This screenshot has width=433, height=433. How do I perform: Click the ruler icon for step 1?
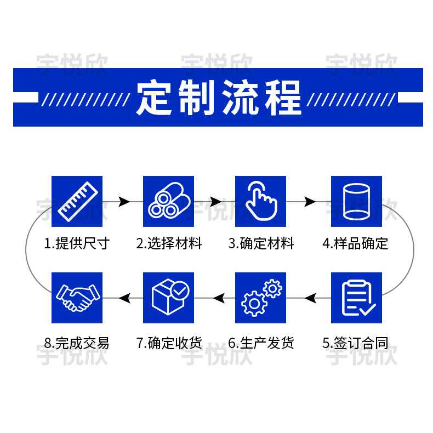coord(77,201)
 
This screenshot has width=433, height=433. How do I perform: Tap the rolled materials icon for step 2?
coord(169,201)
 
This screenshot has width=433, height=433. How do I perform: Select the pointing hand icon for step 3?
coord(261,201)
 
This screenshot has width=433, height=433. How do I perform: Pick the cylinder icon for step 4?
coord(356,201)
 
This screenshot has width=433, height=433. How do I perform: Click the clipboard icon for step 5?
coord(356,298)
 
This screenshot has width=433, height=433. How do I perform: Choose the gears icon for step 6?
coord(261,298)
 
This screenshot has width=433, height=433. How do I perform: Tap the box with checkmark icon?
coord(169,298)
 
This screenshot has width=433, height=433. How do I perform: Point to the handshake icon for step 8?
coord(77,298)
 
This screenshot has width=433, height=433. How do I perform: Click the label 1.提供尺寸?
coord(77,243)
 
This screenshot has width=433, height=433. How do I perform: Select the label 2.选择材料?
coord(169,243)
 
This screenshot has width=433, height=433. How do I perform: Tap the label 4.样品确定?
coord(355,243)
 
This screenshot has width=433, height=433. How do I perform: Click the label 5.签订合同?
coord(355,344)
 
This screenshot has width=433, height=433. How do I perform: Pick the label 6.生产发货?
coord(261,344)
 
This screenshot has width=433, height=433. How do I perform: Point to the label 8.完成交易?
coord(77,344)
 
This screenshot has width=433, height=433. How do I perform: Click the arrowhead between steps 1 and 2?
coord(124,202)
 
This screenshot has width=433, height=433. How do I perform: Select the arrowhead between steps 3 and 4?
coord(310,202)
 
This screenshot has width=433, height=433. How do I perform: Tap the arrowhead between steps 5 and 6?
coord(311,298)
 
